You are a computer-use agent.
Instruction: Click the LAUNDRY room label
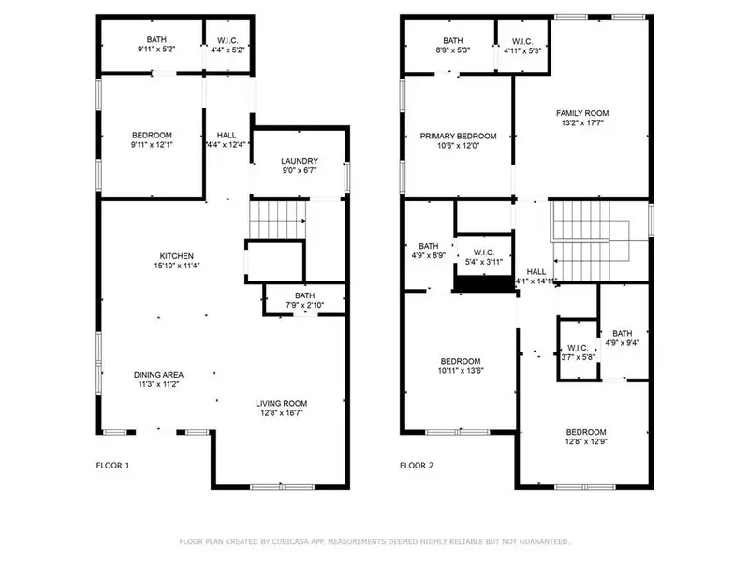point(301,161)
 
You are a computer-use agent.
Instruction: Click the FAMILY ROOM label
point(581,112)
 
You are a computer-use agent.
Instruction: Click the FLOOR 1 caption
point(113,465)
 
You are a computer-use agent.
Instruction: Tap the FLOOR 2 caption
point(417,465)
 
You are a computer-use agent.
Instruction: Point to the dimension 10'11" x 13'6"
point(460,372)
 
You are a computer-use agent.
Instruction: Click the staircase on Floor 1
point(278,223)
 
